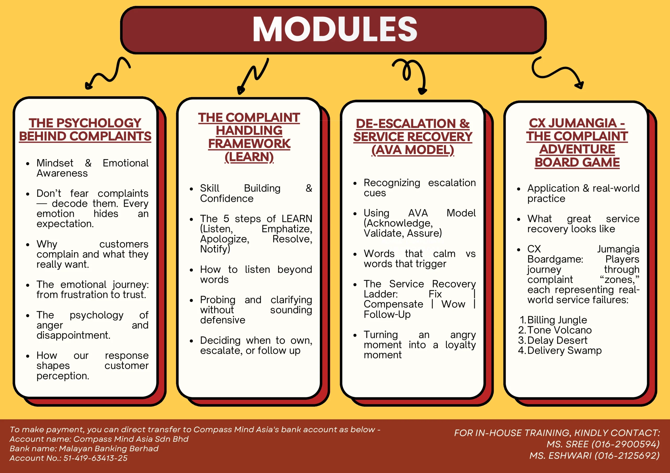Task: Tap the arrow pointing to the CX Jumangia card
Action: coord(557,73)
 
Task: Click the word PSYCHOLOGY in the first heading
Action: coord(99,123)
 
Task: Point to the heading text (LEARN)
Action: coord(249,157)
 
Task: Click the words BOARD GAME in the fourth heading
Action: coord(577,162)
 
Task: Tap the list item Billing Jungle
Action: coord(557,320)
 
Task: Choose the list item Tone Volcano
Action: coord(559,330)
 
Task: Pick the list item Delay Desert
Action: coord(557,341)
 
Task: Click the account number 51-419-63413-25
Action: coord(96,458)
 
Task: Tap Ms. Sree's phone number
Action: coord(625,444)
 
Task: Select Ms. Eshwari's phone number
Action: coord(627,455)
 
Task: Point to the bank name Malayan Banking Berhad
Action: coord(109,448)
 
